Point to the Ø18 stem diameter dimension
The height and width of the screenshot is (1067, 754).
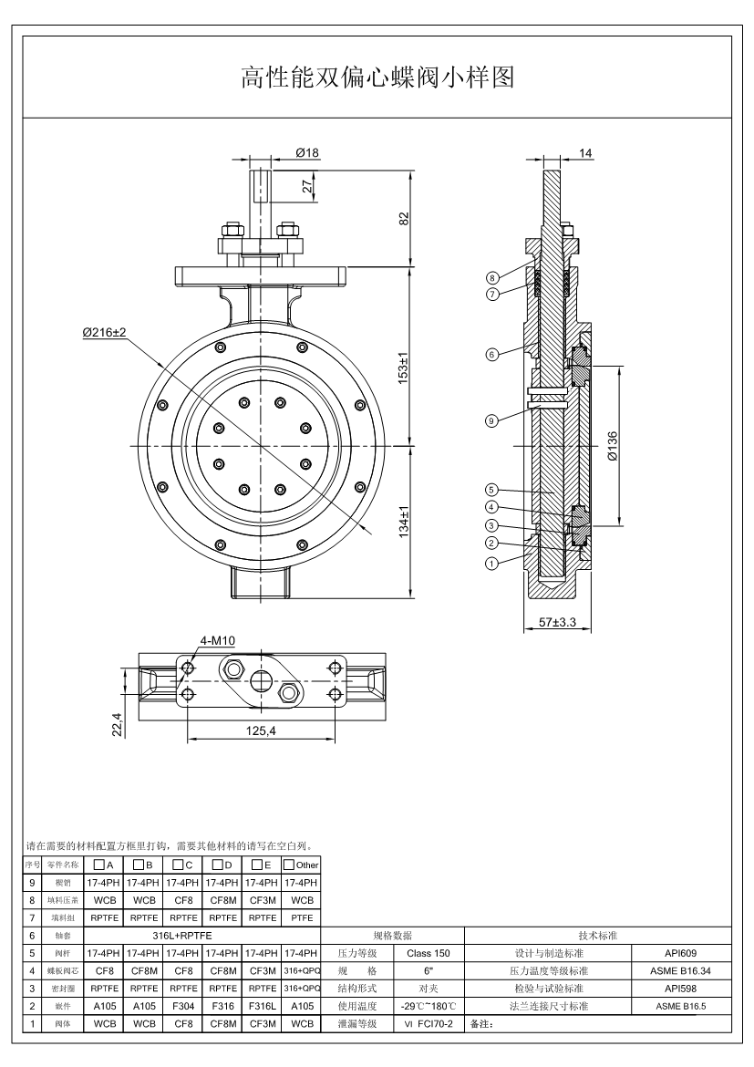[x=307, y=153]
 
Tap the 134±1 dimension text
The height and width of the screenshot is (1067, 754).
[x=404, y=523]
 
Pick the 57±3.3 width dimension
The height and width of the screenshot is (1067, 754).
[x=557, y=624]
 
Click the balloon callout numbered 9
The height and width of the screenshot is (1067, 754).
[x=491, y=420]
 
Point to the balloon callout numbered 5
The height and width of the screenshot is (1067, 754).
[x=491, y=490]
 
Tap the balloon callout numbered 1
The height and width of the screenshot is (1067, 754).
[x=491, y=563]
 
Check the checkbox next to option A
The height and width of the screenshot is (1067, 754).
[x=98, y=864]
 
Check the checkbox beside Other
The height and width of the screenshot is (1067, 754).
[x=288, y=864]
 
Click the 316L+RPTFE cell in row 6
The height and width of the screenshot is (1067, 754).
[x=181, y=936]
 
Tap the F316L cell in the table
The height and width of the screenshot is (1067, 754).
[x=262, y=1006]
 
